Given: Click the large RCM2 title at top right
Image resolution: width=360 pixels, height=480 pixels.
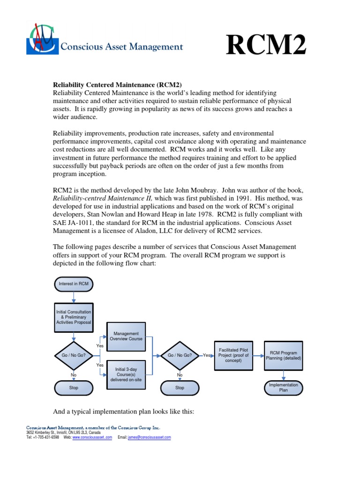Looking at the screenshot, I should tap(266, 46).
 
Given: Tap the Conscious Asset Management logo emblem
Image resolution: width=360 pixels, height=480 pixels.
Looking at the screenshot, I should tap(42, 39).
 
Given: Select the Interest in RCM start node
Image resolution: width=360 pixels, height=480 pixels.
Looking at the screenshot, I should tap(74, 284).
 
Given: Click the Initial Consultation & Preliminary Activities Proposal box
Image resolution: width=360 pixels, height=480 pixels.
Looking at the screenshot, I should tap(74, 317).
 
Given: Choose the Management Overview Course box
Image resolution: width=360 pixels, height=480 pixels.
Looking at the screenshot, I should tap(126, 336).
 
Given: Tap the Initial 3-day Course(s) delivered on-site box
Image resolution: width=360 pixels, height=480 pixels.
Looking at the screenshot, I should tap(126, 374).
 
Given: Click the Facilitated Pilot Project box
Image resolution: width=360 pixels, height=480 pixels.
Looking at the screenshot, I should tap(233, 355).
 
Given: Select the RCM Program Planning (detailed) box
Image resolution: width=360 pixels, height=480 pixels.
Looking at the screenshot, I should tap(284, 355).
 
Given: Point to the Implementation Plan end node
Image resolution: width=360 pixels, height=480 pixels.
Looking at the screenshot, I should tap(284, 387).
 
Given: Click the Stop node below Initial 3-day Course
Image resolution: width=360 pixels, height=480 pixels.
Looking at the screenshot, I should tap(180, 388).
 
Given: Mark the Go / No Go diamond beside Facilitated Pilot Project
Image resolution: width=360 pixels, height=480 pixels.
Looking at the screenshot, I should tap(180, 355).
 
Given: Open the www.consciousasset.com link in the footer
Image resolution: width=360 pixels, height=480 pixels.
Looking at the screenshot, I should tap(92, 437).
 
